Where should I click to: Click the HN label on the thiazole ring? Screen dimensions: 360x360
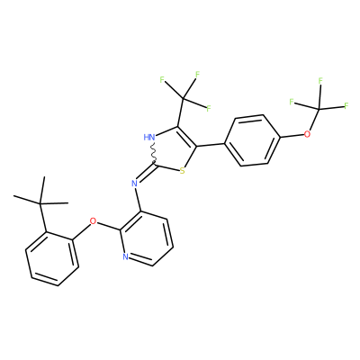click(x=149, y=138)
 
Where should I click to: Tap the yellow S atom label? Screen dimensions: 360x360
click(x=182, y=171)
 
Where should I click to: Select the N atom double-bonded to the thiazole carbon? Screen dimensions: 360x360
click(x=134, y=184)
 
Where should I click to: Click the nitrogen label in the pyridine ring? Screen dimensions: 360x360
click(x=126, y=256)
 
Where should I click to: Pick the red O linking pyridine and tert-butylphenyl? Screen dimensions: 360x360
click(x=94, y=221)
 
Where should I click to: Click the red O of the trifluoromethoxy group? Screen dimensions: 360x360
click(x=307, y=134)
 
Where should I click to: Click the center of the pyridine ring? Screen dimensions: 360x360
click(x=146, y=239)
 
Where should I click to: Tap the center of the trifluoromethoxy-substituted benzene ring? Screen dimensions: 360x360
click(x=253, y=140)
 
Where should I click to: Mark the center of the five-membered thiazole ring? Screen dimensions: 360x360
click(x=173, y=149)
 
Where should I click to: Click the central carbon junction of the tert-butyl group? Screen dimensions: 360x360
click(x=40, y=204)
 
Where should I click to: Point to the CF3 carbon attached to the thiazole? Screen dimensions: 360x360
click(x=184, y=98)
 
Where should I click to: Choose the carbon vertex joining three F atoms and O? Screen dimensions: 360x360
click(x=319, y=109)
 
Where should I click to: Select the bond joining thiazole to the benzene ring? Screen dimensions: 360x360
click(x=211, y=145)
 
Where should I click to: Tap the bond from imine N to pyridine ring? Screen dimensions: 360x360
click(x=138, y=200)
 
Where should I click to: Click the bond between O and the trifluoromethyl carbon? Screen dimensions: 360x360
click(x=313, y=121)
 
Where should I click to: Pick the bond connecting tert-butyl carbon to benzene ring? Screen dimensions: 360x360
click(x=43, y=218)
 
